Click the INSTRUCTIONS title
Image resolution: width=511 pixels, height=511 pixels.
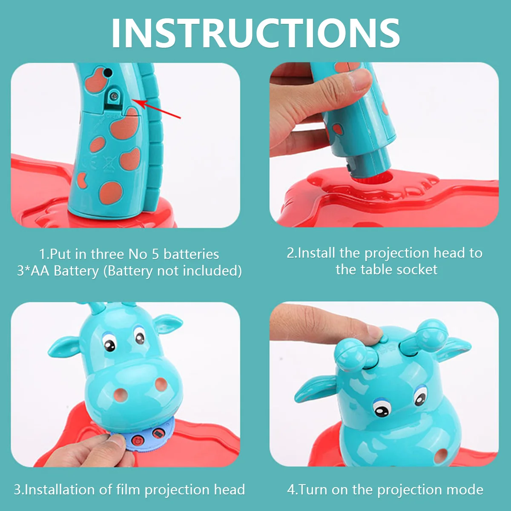pos(255,33)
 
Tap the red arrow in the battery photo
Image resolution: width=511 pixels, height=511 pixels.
pos(156,109)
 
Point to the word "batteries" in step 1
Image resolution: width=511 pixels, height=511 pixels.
pos(191,254)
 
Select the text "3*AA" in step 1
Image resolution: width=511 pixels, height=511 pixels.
pos(33,271)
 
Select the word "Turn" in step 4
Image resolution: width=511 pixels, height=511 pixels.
pos(313,490)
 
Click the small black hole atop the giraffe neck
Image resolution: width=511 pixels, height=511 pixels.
pos(108,72)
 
